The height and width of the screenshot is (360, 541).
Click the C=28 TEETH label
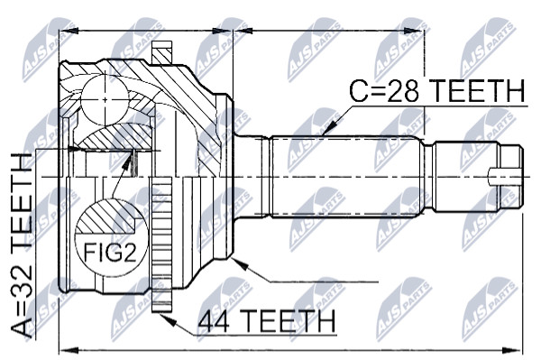436,90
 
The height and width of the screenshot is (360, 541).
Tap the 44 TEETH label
267,320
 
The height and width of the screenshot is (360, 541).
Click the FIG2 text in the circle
110,253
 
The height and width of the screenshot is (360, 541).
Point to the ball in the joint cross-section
105,100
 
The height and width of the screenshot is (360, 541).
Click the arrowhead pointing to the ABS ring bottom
168,319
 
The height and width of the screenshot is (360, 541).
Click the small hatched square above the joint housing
161,52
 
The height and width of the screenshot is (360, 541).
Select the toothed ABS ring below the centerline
161,245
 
